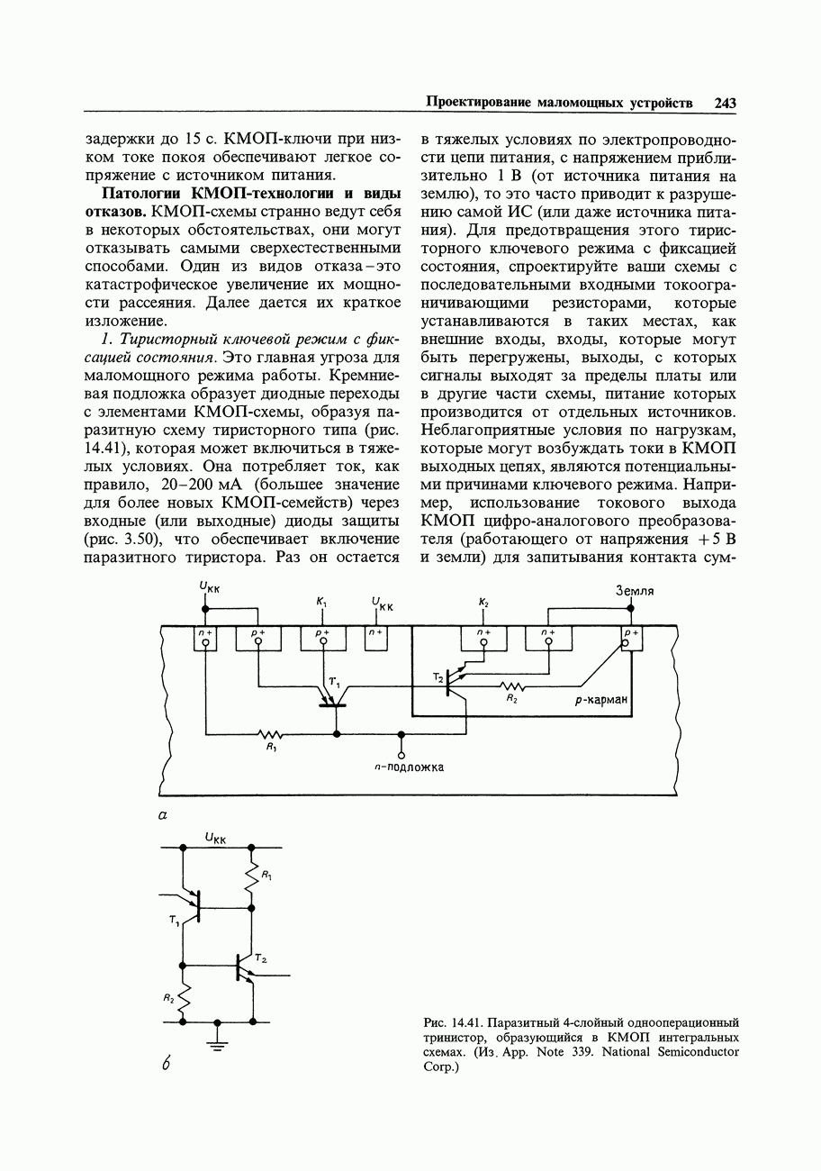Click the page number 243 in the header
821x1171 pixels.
726,104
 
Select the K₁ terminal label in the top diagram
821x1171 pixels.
321,601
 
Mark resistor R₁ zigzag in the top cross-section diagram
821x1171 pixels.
270,733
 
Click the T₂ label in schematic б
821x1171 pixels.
260,958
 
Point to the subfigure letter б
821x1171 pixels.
167,1063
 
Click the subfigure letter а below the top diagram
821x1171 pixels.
163,814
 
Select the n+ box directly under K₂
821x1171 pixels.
483,637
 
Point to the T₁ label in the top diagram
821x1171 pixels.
333,682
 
